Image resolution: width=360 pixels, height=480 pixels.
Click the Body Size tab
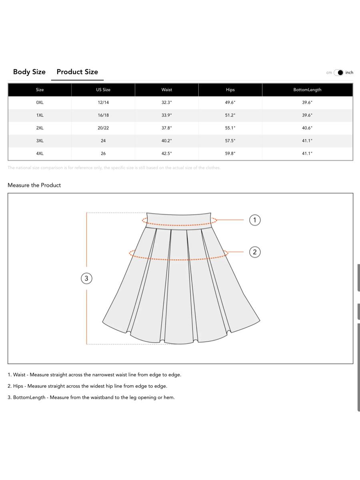click(x=29, y=72)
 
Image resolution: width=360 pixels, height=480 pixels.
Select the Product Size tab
click(x=77, y=72)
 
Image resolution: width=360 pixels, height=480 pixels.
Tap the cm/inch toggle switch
click(x=339, y=72)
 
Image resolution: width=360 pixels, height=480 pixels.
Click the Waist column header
click(x=167, y=90)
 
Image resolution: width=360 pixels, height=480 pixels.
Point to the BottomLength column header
click(x=307, y=90)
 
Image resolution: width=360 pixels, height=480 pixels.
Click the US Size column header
click(x=103, y=90)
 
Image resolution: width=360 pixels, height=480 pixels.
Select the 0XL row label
click(x=40, y=102)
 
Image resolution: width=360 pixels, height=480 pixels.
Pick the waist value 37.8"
click(x=167, y=128)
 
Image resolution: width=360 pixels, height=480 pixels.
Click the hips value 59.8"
click(x=230, y=154)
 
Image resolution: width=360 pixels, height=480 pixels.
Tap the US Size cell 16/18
click(x=103, y=115)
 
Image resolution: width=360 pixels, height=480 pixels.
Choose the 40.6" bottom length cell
click(x=307, y=128)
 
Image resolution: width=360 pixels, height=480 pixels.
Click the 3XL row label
click(x=40, y=141)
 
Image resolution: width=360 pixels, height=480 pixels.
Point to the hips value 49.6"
click(x=230, y=102)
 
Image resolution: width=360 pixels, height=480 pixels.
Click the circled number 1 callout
click(x=255, y=220)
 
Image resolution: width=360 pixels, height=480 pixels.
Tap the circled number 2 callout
click(x=255, y=252)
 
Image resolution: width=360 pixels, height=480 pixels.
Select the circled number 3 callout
click(x=86, y=278)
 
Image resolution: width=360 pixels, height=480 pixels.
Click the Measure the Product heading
click(x=34, y=185)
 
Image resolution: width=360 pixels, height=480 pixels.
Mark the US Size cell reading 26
click(x=103, y=154)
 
